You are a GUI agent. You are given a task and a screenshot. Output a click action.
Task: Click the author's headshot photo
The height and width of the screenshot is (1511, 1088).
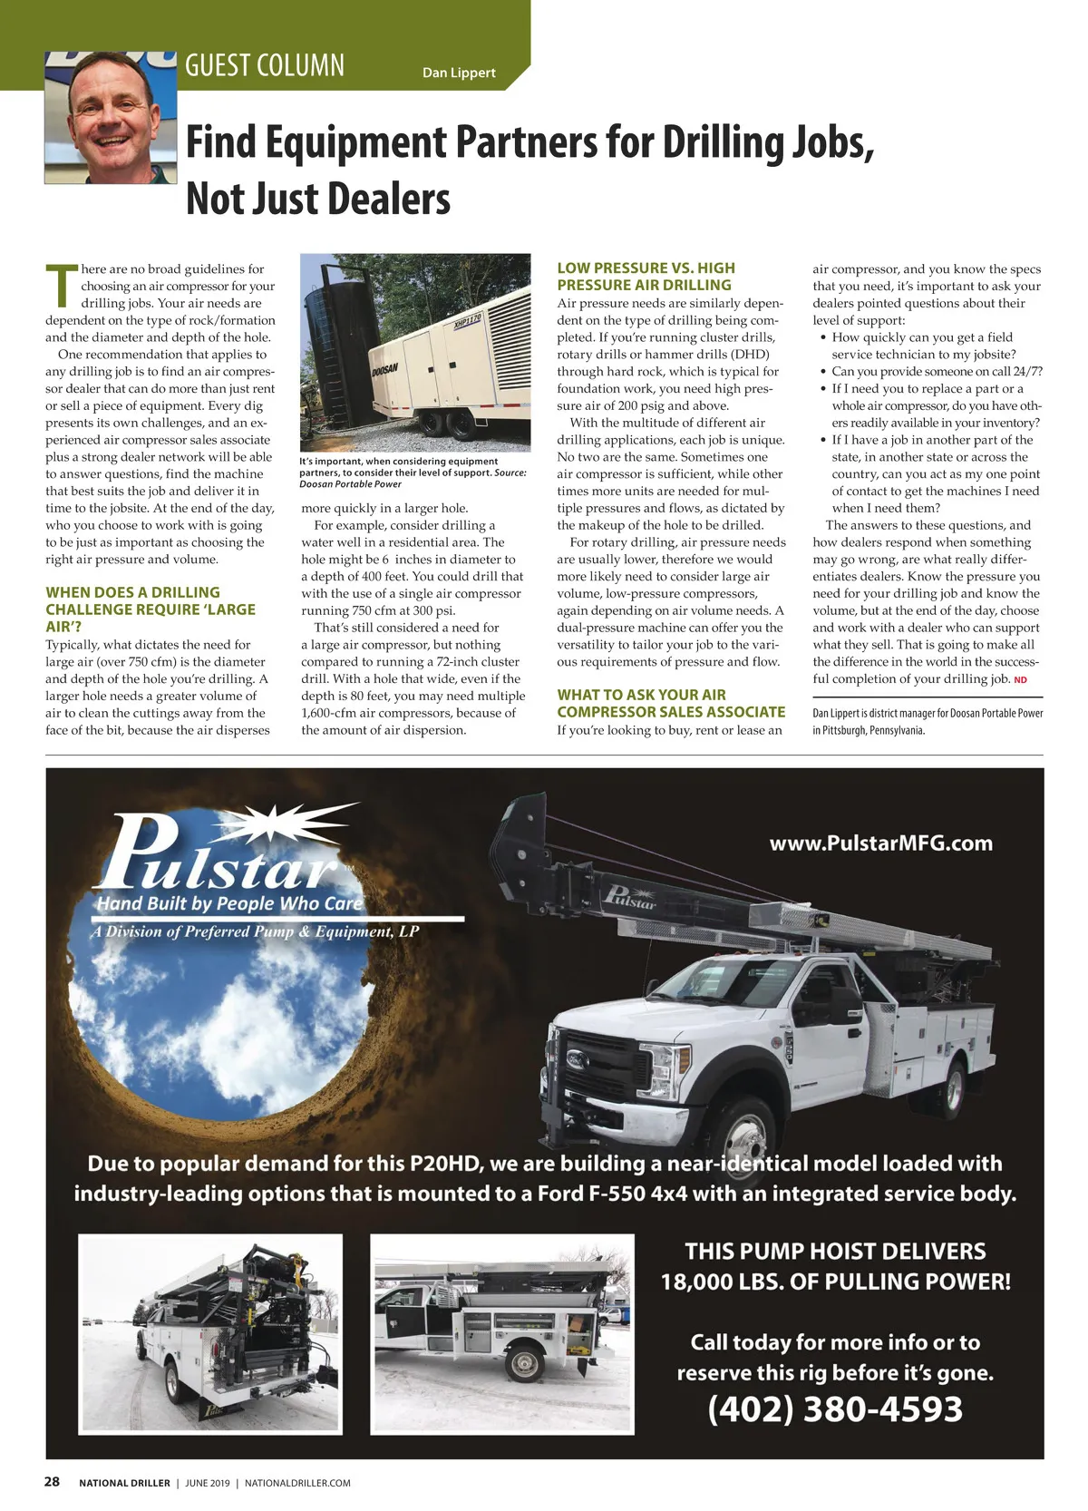click(x=111, y=117)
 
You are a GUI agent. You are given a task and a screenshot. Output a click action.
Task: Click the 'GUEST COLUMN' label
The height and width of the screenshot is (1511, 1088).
click(x=265, y=65)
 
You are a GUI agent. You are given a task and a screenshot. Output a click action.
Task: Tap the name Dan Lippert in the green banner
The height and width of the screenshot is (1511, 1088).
click(x=459, y=73)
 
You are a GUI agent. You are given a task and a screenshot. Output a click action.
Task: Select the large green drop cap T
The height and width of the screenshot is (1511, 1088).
click(x=62, y=285)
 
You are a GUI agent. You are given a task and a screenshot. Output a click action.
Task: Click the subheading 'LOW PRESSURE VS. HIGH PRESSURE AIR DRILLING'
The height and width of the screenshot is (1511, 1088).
click(x=646, y=276)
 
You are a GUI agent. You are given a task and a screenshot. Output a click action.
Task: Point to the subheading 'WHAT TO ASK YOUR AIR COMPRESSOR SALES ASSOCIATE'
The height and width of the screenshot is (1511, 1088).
click(x=671, y=703)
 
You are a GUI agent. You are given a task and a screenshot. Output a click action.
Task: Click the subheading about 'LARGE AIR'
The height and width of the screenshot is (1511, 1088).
click(x=151, y=609)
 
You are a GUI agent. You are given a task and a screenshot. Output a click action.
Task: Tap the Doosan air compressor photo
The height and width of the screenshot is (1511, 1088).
click(x=415, y=352)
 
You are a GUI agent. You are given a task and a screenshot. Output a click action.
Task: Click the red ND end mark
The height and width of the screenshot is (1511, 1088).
click(x=1020, y=680)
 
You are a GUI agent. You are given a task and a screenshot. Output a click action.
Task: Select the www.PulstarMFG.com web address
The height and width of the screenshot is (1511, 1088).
click(x=880, y=843)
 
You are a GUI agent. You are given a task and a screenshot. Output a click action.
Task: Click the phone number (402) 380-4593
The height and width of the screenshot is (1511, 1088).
click(x=835, y=1409)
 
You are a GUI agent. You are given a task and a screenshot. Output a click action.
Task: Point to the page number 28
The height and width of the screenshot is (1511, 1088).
click(x=53, y=1481)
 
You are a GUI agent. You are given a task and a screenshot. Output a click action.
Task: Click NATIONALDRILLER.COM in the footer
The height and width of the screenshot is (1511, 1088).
click(x=297, y=1483)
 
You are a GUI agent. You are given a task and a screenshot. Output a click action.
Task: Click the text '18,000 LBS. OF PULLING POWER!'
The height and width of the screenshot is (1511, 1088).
click(x=835, y=1282)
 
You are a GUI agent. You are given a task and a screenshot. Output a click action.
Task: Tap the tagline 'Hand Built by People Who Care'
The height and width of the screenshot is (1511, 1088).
click(x=229, y=903)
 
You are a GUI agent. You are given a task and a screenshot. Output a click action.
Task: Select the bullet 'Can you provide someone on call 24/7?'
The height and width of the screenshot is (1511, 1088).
click(x=937, y=371)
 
